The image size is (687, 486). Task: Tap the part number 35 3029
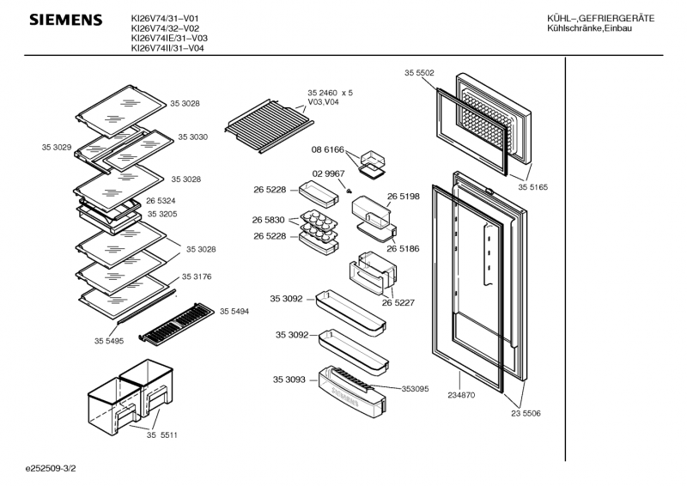point(56,148)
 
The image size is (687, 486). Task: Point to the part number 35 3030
point(193,137)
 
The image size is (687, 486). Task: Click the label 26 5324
point(161,201)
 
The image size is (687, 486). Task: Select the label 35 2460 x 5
point(330,92)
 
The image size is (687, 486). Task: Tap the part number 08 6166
point(327,149)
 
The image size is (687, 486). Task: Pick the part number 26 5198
point(403,197)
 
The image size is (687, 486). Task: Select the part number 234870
point(461,396)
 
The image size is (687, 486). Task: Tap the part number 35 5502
point(419,74)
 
